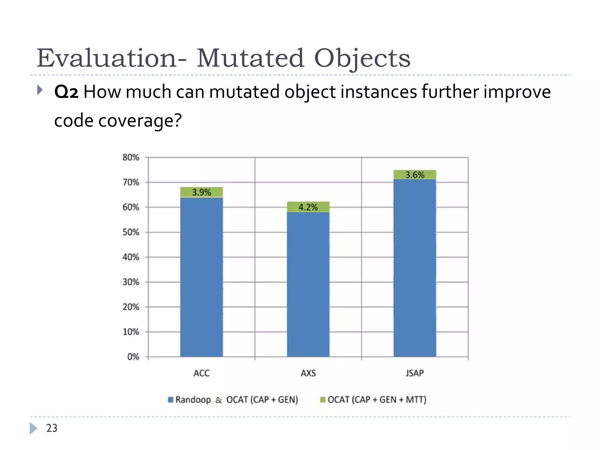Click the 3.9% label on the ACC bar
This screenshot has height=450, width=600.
point(201,192)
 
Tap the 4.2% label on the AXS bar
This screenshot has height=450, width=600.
point(308,207)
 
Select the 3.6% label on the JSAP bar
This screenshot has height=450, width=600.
point(415,175)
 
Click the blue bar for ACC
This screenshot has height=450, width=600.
point(201,277)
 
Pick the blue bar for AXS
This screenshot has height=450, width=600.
point(308,284)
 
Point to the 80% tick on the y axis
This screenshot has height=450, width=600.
point(131,157)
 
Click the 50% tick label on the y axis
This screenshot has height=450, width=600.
point(131,232)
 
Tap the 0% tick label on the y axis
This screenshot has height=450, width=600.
point(133,357)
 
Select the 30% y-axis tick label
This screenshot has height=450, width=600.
point(131,282)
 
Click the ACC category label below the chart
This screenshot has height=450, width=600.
point(202,373)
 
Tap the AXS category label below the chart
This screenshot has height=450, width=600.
point(308,373)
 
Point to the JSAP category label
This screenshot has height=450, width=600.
point(415,373)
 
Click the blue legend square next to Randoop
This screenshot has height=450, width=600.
point(171,400)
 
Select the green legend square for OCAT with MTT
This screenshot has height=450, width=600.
point(323,400)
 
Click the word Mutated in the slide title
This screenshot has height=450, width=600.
point(250,58)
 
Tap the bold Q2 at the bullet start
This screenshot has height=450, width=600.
point(66,92)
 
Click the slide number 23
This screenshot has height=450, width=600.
point(52,428)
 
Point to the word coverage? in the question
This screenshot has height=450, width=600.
point(140,120)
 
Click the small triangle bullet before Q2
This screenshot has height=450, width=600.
point(40,90)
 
